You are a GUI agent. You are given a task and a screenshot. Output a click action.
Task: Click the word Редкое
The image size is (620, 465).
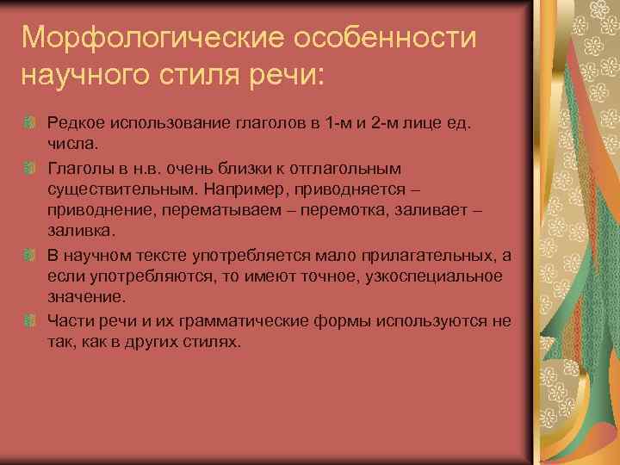coord(72,123)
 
